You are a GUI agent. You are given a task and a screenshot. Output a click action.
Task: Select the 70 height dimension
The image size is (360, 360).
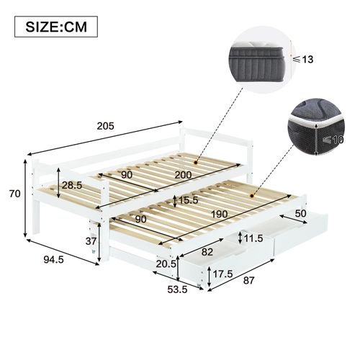pyautogui.click(x=12, y=193)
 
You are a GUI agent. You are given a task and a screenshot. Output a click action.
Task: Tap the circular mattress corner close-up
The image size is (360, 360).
pyautogui.click(x=317, y=132)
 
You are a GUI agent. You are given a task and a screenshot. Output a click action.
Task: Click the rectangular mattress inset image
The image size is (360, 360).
pyautogui.click(x=260, y=55)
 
